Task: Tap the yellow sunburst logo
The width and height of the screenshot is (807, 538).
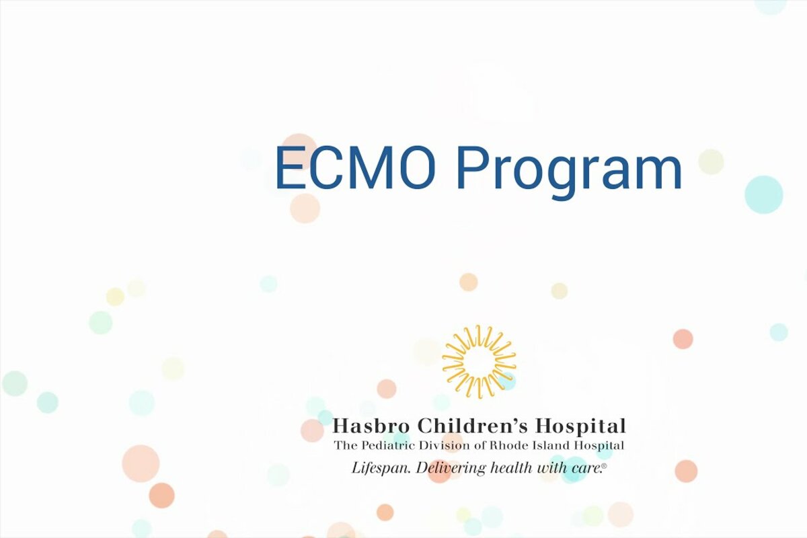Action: tap(479, 361)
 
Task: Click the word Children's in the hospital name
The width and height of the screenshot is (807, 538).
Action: tap(472, 426)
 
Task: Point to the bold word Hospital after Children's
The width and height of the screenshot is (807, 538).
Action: tap(580, 426)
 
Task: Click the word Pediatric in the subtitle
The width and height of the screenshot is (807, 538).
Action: tap(385, 446)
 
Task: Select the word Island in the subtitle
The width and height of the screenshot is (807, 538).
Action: tap(546, 446)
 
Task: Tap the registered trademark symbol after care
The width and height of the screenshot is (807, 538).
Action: tap(604, 466)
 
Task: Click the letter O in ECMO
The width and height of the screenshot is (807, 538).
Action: tap(416, 167)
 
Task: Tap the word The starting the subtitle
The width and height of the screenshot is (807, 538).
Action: tap(346, 446)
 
